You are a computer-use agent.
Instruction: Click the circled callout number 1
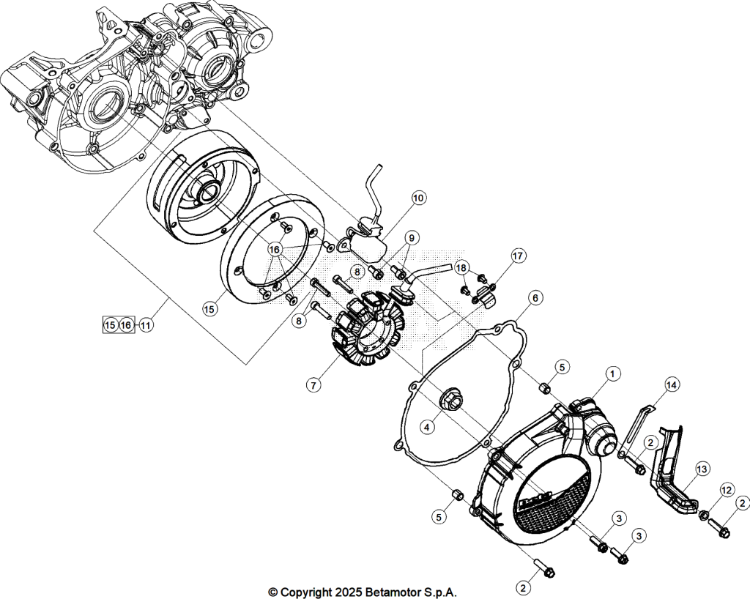(613, 374)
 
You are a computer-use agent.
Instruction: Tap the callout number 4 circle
(428, 427)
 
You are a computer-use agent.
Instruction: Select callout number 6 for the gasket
(535, 298)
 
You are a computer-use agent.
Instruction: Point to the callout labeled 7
(313, 384)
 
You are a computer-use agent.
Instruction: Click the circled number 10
(418, 198)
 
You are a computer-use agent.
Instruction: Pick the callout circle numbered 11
(146, 326)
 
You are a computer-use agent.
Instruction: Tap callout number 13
(702, 469)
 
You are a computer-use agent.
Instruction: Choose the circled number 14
(672, 384)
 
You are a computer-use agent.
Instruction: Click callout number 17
(518, 256)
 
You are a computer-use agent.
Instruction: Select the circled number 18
(461, 268)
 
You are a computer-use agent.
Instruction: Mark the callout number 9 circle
(412, 237)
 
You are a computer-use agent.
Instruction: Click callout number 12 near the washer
(726, 490)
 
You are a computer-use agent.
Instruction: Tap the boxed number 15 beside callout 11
(111, 326)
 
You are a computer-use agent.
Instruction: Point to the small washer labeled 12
(704, 516)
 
